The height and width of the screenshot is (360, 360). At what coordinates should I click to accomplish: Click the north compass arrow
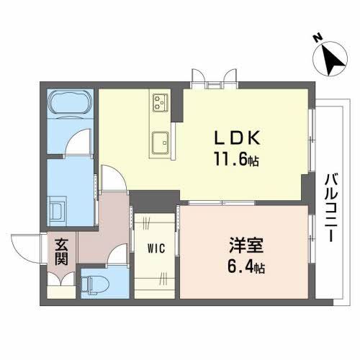[333, 59]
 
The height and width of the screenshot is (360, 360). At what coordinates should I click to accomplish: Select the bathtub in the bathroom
[70, 105]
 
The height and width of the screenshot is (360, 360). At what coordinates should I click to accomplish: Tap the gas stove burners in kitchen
[160, 103]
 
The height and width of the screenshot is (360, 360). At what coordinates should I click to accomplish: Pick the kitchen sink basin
[160, 140]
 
